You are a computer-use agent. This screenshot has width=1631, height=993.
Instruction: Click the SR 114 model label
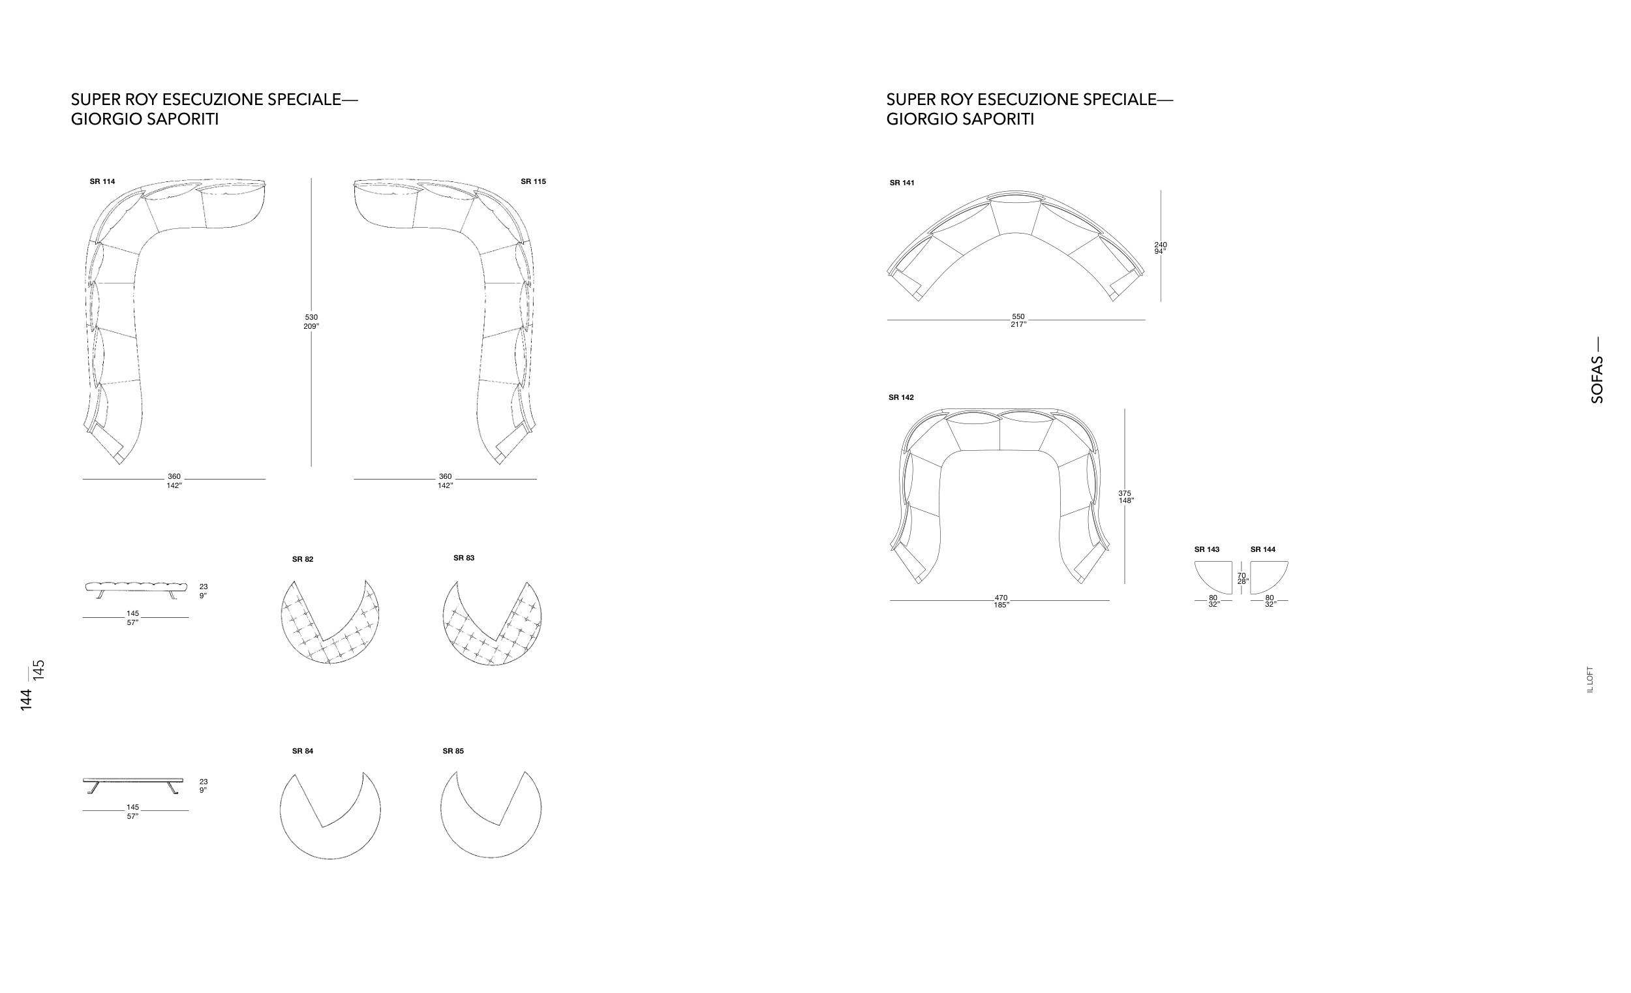tap(102, 181)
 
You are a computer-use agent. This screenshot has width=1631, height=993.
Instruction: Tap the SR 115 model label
tap(533, 181)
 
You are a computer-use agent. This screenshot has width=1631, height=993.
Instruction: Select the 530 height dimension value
tap(311, 317)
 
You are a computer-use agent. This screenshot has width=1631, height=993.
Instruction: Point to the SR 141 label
tap(902, 183)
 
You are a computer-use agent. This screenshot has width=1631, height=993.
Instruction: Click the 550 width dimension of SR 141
tap(1018, 316)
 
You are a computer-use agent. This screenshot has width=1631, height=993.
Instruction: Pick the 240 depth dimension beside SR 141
tap(1161, 245)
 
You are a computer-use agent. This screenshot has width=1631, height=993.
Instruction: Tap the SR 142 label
tap(901, 397)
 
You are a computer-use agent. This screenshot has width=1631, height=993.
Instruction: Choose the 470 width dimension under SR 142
tap(1001, 598)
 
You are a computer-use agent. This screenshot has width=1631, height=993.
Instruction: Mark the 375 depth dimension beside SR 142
tap(1125, 493)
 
